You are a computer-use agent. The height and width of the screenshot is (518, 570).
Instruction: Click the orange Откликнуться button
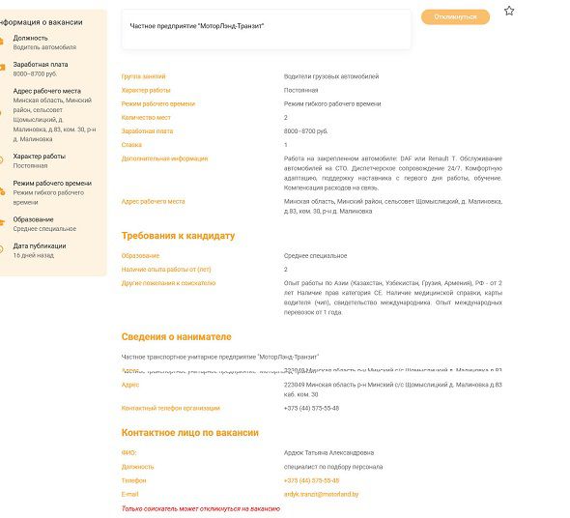tap(455, 17)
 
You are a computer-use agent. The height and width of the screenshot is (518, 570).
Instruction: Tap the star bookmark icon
tap(509, 11)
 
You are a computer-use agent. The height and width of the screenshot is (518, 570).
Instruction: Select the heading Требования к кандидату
tap(178, 236)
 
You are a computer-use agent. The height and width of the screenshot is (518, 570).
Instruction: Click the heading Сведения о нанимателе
tap(176, 337)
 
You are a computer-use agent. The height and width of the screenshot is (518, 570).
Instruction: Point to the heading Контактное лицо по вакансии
tap(189, 433)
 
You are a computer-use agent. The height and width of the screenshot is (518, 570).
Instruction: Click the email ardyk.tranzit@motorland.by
tap(321, 494)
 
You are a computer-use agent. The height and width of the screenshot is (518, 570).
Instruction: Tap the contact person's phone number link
tap(311, 480)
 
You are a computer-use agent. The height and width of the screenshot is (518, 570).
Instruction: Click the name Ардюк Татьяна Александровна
tap(328, 452)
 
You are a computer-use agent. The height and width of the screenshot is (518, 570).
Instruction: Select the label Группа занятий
tap(143, 75)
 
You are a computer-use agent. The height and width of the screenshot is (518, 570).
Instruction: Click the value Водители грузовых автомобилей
tap(330, 75)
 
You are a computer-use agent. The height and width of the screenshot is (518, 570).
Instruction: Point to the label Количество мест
tap(145, 117)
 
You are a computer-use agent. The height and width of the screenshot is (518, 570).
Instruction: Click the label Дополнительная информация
tap(164, 158)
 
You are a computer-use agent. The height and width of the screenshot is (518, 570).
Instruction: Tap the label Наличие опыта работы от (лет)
tap(166, 269)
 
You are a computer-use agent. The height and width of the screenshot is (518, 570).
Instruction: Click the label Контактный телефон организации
tap(170, 408)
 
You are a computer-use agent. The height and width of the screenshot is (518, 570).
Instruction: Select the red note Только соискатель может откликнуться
tap(200, 508)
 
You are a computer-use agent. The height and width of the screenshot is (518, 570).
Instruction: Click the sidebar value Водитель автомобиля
tap(44, 46)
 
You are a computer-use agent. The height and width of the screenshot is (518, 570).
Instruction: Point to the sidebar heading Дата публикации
tap(40, 245)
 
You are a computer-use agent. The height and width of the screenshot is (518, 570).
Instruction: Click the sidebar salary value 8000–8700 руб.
tap(35, 73)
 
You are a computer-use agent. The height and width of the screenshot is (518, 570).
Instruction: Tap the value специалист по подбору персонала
tap(332, 467)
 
